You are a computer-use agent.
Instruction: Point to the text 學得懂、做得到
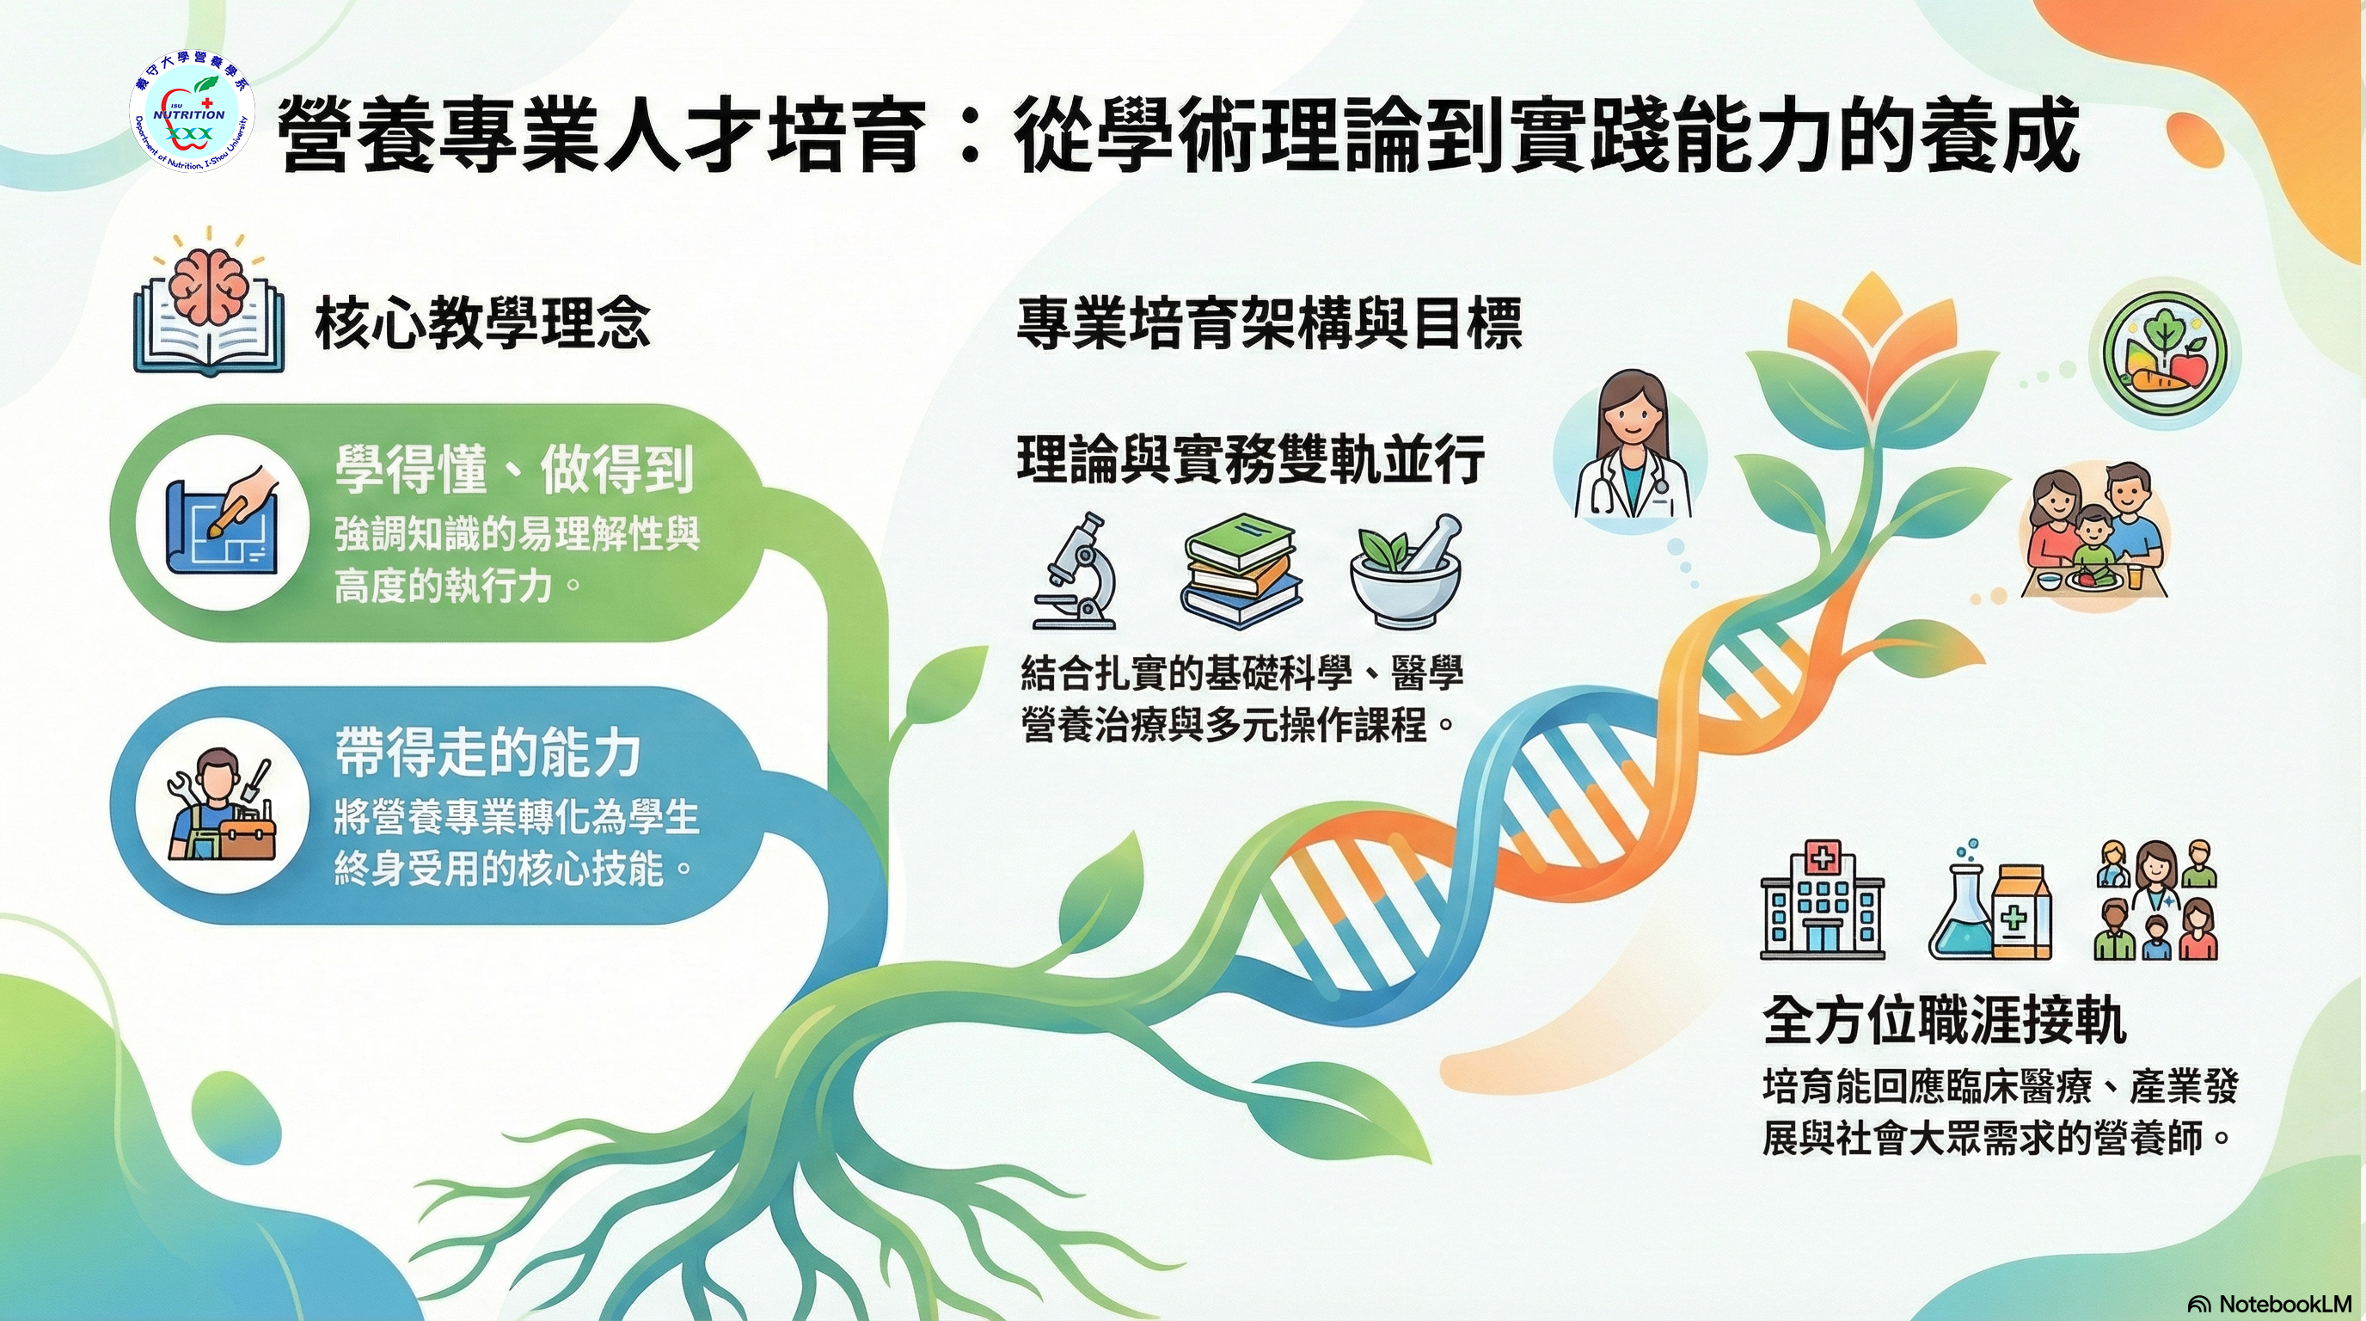513,469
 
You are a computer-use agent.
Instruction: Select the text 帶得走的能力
487,753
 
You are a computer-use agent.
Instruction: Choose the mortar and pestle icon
1406,570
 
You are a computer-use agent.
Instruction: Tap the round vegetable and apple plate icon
2165,353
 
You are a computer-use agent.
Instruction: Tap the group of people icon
2156,900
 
